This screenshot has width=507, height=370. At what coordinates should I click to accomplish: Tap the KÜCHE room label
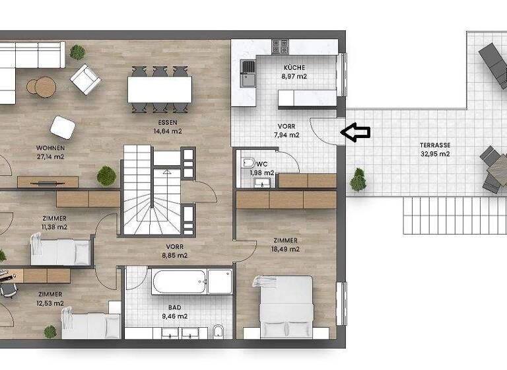click(x=294, y=67)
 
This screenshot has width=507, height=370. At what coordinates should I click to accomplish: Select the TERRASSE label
click(x=435, y=145)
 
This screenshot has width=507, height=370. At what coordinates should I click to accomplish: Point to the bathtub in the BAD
click(x=179, y=281)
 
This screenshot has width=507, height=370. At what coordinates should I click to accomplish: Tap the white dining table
click(x=160, y=89)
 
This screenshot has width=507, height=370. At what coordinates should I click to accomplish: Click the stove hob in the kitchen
click(x=280, y=47)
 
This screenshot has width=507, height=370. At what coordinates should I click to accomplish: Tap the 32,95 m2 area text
click(x=435, y=154)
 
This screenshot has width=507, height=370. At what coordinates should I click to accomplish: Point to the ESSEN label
click(x=167, y=123)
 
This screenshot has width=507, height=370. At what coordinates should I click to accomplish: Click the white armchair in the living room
click(x=86, y=79)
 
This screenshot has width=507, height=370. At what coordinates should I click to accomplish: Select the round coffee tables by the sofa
click(x=41, y=87)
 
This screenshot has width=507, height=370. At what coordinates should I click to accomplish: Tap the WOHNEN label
click(x=50, y=148)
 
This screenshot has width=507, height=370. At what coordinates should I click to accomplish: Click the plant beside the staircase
click(x=106, y=176)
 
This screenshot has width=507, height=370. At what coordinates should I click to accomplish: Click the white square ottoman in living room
click(x=63, y=127)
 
